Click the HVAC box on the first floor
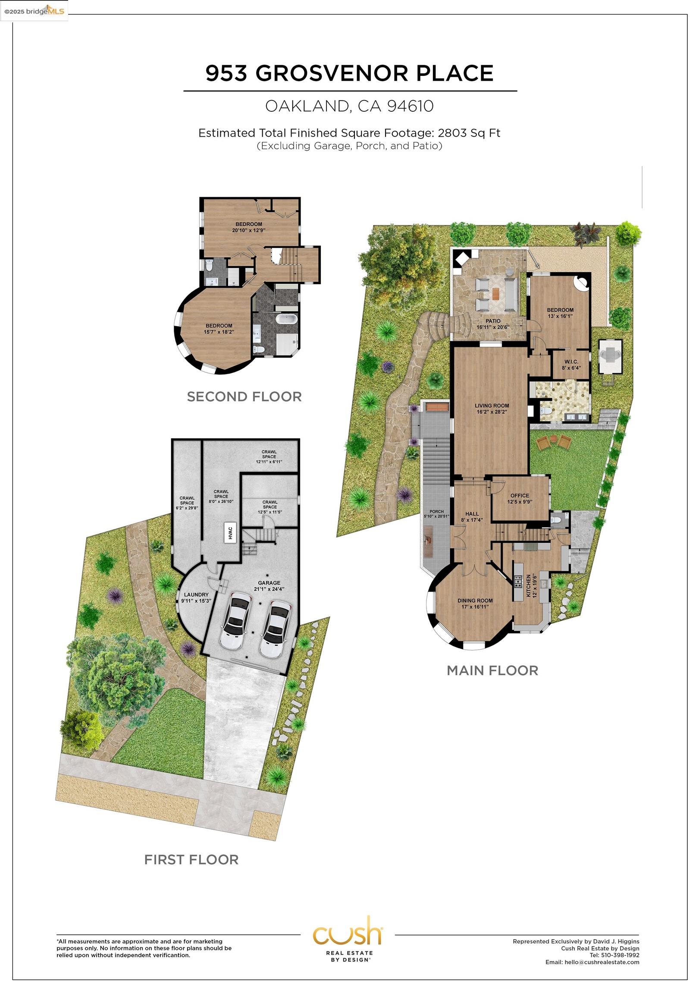[x=230, y=532]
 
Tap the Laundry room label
[x=196, y=595]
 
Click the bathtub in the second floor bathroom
[x=286, y=320]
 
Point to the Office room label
[x=519, y=495]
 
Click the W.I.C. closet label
[x=571, y=362]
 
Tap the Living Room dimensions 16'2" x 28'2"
[x=492, y=412]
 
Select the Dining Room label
[x=475, y=601]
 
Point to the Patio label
[x=492, y=321]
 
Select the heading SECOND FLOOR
[x=244, y=396]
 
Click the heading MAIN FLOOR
[x=492, y=670]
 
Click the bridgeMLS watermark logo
[x=34, y=11]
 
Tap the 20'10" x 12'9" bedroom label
[x=248, y=230]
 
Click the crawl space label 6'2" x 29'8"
[x=187, y=508]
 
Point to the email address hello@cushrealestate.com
[x=602, y=962]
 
